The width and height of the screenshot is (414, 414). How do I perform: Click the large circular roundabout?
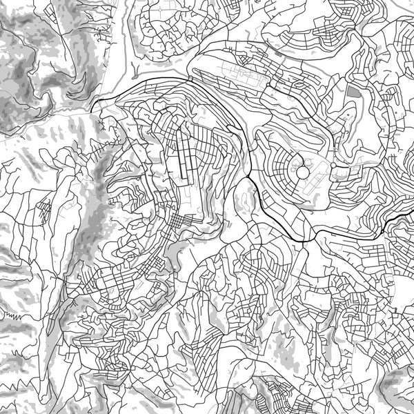(302, 170)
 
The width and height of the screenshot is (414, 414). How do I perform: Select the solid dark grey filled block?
(353, 91)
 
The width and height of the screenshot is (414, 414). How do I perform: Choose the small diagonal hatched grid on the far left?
(43, 207)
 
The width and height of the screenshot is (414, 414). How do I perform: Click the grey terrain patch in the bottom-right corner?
(397, 386)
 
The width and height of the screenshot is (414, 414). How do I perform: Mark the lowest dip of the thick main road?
(304, 238)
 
